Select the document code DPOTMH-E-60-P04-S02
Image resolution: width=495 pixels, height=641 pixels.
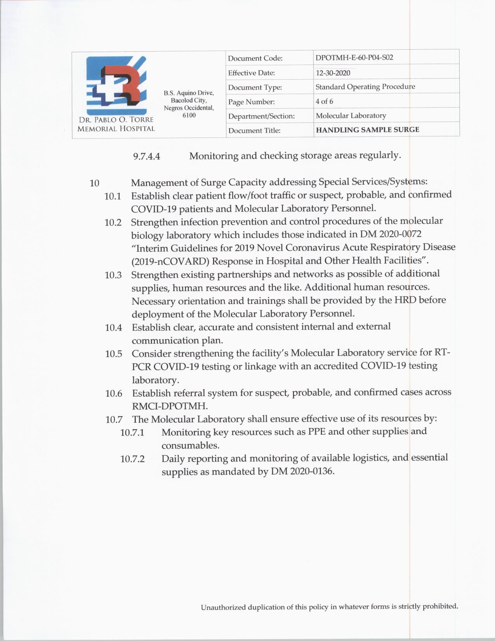[x=354, y=57]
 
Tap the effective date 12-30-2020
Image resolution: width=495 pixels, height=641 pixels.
[x=333, y=73]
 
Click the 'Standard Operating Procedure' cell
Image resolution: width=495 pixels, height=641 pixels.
[x=365, y=87]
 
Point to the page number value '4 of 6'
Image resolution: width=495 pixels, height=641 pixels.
[x=324, y=101]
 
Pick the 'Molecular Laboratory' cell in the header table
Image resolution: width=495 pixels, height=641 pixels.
[x=351, y=115]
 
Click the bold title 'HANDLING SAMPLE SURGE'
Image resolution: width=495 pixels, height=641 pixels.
[x=367, y=130]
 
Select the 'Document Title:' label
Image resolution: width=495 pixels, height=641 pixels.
[x=254, y=131]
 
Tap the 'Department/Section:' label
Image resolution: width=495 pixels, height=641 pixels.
[x=261, y=116]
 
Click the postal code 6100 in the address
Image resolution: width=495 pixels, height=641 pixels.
[x=189, y=115]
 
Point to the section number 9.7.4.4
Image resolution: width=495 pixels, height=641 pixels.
[x=146, y=157]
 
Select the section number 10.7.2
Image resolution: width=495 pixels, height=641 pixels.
[x=132, y=459]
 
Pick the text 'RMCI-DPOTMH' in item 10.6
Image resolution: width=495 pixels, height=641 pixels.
[x=169, y=406]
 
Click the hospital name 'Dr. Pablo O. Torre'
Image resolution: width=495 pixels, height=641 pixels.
[x=116, y=120]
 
